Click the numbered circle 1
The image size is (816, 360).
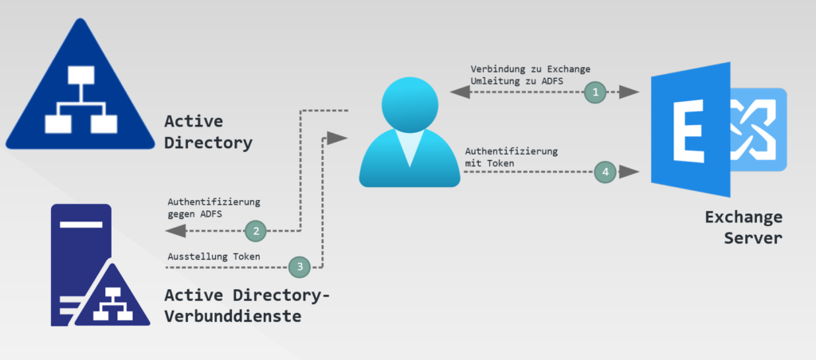594,92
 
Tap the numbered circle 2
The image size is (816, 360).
256,232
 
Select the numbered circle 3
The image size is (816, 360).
300,266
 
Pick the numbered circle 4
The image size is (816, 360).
606,171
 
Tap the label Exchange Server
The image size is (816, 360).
743,227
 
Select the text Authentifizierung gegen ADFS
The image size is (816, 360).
214,209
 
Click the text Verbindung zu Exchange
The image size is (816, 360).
531,68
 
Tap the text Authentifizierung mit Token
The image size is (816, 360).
511,157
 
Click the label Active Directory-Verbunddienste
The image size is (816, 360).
247,305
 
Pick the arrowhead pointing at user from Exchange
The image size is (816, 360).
460,92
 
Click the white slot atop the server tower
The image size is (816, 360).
80,226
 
